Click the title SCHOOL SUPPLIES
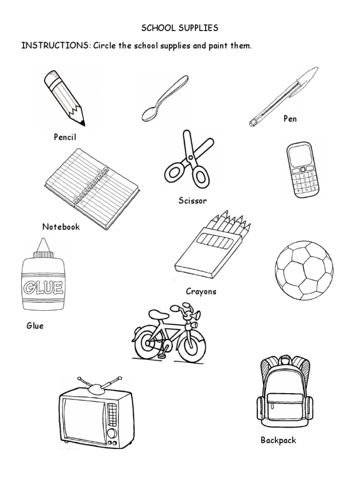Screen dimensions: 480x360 [x=180, y=28]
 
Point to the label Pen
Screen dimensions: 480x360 [x=290, y=119]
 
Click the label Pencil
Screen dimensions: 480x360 [x=65, y=137]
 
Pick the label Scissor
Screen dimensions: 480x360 [x=192, y=201]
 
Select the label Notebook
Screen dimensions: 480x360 [x=61, y=227]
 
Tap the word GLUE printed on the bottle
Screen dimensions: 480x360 [x=42, y=286]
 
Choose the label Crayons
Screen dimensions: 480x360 [x=201, y=291]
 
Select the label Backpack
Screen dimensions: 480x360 [x=278, y=440]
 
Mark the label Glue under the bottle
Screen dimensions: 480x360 [x=35, y=325]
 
